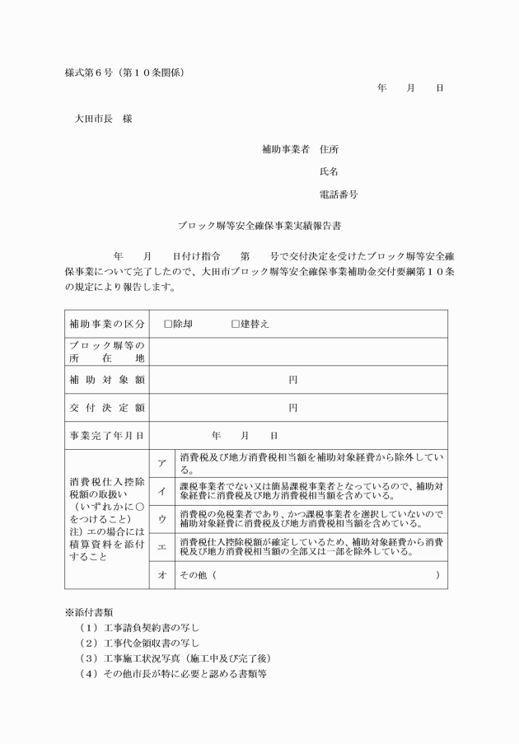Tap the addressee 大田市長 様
click(x=103, y=118)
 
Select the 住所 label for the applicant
click(x=329, y=149)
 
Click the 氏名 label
click(x=329, y=172)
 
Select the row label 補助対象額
click(x=106, y=380)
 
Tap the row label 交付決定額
click(x=106, y=408)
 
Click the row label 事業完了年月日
click(x=106, y=435)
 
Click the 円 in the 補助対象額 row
click(x=292, y=380)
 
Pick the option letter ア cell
click(x=161, y=464)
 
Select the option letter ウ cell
click(x=161, y=519)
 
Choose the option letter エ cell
click(x=161, y=547)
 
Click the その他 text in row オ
click(x=194, y=574)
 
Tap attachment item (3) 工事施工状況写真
click(x=173, y=658)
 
